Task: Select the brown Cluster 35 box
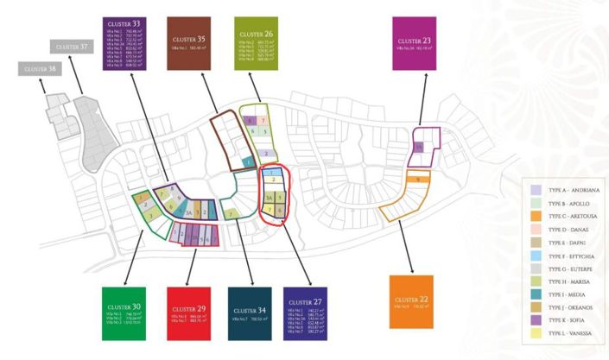point(189,42)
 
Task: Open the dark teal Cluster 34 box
point(251,315)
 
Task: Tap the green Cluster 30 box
point(125,315)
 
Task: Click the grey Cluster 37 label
point(73,46)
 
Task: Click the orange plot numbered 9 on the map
point(418,180)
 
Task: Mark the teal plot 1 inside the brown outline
point(248,161)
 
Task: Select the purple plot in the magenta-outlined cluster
point(418,148)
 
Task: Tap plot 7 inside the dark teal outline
point(232,212)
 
